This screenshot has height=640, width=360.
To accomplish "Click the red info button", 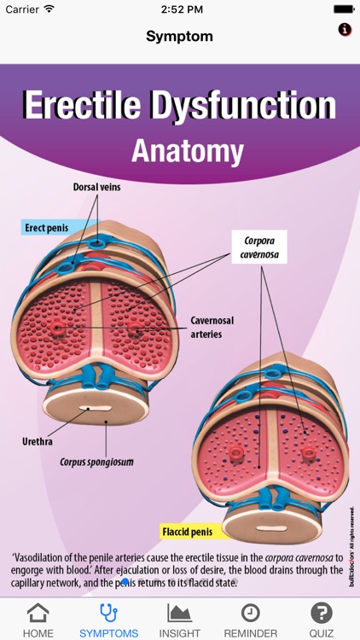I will click(x=345, y=29).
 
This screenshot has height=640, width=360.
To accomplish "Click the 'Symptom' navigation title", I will click(x=179, y=37).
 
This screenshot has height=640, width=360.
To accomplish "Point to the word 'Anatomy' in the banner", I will click(x=187, y=151).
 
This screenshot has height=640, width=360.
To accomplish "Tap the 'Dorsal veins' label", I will click(x=102, y=186).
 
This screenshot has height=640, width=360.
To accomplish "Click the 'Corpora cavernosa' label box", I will click(x=259, y=247).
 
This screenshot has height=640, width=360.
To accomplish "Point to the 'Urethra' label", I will click(x=38, y=442).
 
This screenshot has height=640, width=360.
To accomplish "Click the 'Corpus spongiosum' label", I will click(x=96, y=463).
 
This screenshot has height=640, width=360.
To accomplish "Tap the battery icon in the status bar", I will click(x=343, y=9).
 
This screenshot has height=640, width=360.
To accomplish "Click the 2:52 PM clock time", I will click(x=179, y=9).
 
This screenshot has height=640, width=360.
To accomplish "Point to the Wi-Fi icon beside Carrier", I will click(x=49, y=9).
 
